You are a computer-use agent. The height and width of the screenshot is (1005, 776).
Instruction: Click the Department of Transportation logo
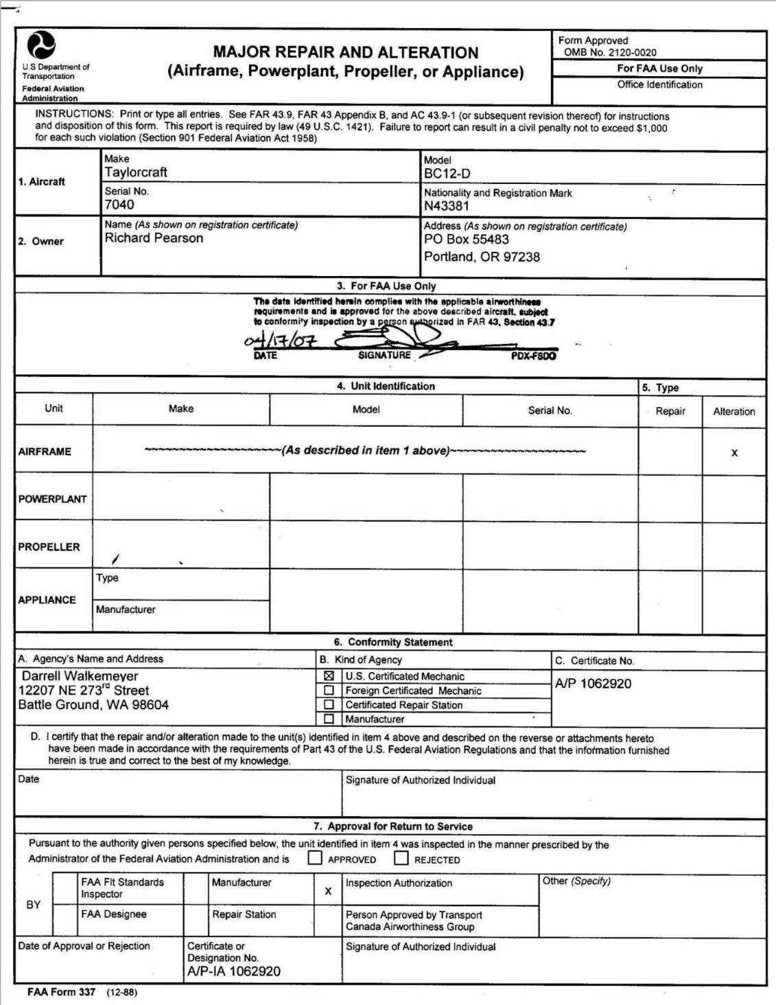[x=40, y=45]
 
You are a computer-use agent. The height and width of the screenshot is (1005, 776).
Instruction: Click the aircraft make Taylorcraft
[x=136, y=172]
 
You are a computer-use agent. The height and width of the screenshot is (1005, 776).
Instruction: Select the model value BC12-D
[x=447, y=174]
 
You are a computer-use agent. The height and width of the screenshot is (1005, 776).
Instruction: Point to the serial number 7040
[x=119, y=205]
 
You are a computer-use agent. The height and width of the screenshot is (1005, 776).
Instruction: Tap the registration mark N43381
[x=447, y=206]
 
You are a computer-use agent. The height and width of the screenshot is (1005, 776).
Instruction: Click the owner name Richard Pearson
[x=154, y=238]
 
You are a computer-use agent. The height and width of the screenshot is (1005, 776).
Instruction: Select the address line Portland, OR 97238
[x=482, y=257]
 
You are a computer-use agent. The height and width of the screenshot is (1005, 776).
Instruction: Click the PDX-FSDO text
[x=533, y=356]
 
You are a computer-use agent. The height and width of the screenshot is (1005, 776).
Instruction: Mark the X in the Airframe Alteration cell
[x=734, y=453]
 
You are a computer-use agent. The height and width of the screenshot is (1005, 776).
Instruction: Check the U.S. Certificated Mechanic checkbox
[x=329, y=676]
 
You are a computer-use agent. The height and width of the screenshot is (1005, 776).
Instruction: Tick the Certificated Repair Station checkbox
[x=329, y=705]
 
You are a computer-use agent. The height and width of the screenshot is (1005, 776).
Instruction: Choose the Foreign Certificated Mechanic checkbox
[x=329, y=691]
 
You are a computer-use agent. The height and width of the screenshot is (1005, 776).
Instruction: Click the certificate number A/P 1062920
[x=593, y=684]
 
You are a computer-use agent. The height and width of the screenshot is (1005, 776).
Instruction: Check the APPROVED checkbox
[x=315, y=858]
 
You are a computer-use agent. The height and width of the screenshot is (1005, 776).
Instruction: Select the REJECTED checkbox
[x=401, y=858]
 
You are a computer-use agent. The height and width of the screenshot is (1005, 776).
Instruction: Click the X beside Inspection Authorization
[x=328, y=891]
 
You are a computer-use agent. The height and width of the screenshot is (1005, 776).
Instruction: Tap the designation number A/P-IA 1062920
[x=234, y=971]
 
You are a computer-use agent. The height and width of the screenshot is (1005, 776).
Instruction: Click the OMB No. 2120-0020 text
[x=610, y=52]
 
